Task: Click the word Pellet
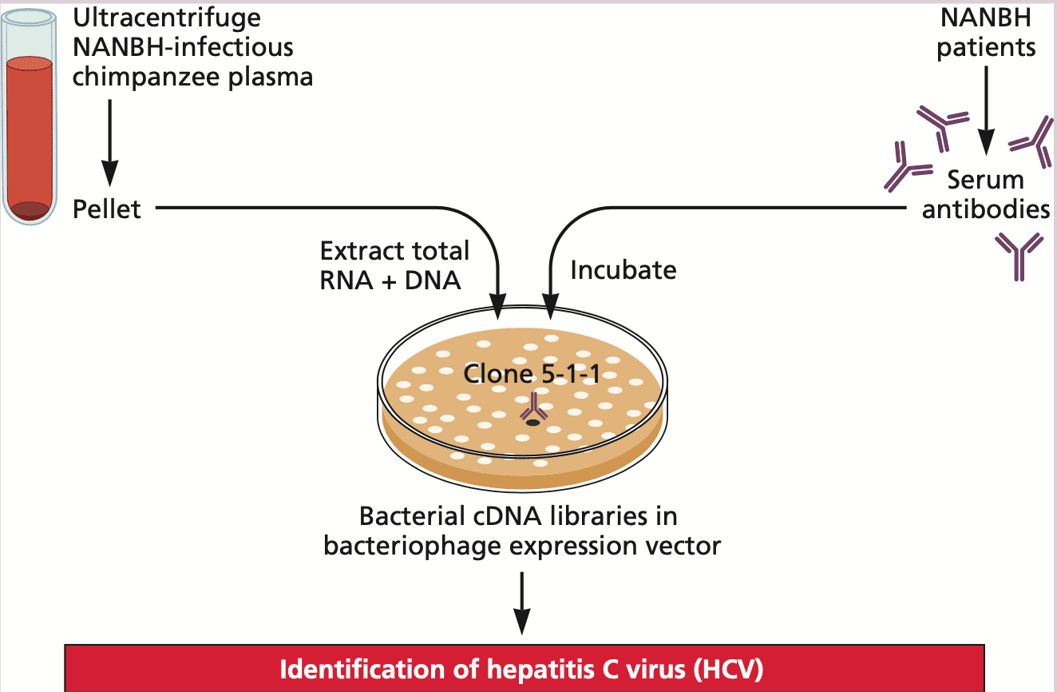[x=106, y=209]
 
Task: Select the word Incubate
[x=623, y=270]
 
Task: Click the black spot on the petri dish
[x=532, y=422]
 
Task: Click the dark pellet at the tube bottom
[x=34, y=211]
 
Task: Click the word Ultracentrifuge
[x=166, y=17]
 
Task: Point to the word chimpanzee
[x=150, y=77]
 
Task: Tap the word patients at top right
[x=986, y=47]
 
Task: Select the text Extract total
[x=394, y=251]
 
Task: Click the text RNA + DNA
[x=390, y=280]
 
